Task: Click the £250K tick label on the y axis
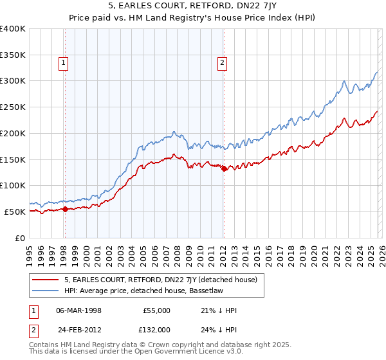[x=13, y=107]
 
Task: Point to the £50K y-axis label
[x=15, y=212]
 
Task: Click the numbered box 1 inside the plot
[x=64, y=63]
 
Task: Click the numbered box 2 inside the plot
[x=222, y=63]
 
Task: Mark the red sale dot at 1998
[x=65, y=208]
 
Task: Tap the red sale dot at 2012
[x=224, y=169]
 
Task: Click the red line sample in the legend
[x=46, y=280]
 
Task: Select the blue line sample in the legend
[x=46, y=291]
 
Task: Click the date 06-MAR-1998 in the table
[x=78, y=310]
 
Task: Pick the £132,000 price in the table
[x=156, y=330]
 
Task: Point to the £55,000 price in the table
[x=156, y=310]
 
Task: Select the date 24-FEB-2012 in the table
[x=78, y=330]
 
